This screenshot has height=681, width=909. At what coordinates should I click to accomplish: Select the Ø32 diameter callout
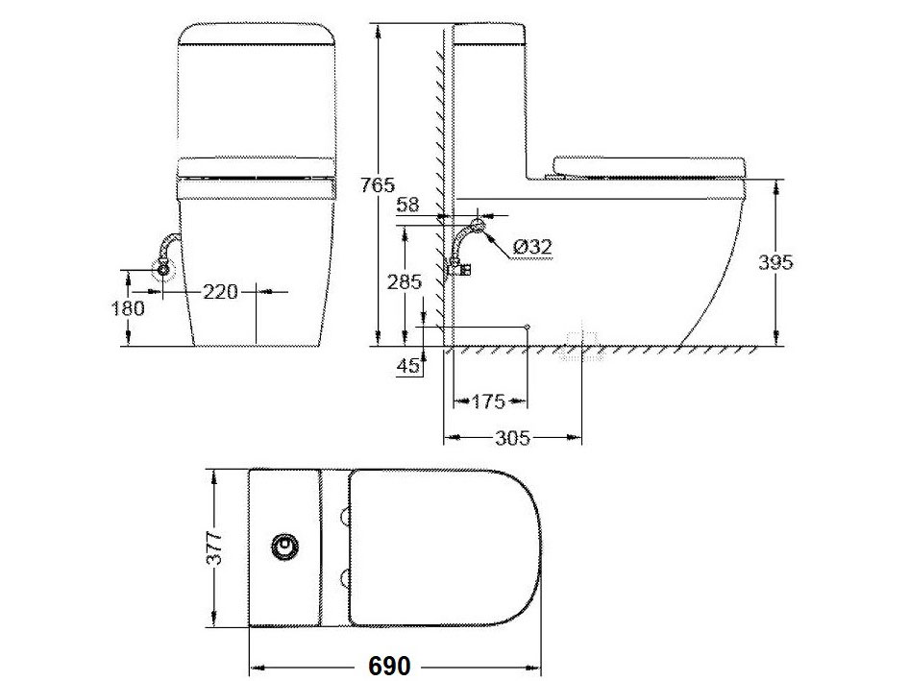point(531,248)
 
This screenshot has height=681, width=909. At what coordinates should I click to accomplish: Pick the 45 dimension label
point(407,366)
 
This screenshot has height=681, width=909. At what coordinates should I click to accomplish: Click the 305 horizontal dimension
point(513,439)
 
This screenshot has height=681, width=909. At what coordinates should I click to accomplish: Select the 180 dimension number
point(128,308)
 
